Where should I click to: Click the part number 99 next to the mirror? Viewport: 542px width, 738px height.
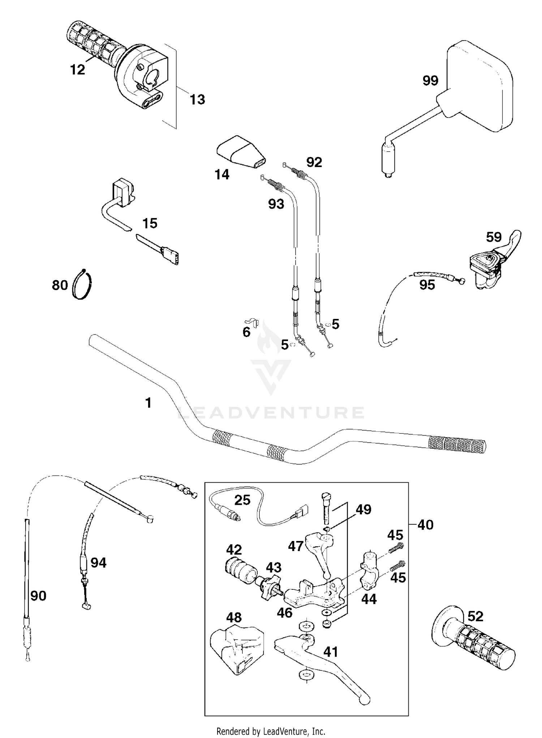pyautogui.click(x=430, y=80)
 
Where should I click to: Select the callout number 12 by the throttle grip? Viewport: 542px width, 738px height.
pyautogui.click(x=77, y=69)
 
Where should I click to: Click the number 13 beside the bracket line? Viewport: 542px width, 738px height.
pyautogui.click(x=197, y=99)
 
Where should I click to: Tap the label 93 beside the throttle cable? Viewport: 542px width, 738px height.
pyautogui.click(x=276, y=204)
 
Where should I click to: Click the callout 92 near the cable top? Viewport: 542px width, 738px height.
pyautogui.click(x=314, y=162)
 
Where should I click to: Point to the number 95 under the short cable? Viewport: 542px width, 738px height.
pyautogui.click(x=427, y=285)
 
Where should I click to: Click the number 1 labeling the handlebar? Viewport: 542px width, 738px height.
pyautogui.click(x=148, y=403)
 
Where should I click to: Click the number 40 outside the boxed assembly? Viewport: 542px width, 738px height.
pyautogui.click(x=425, y=525)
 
